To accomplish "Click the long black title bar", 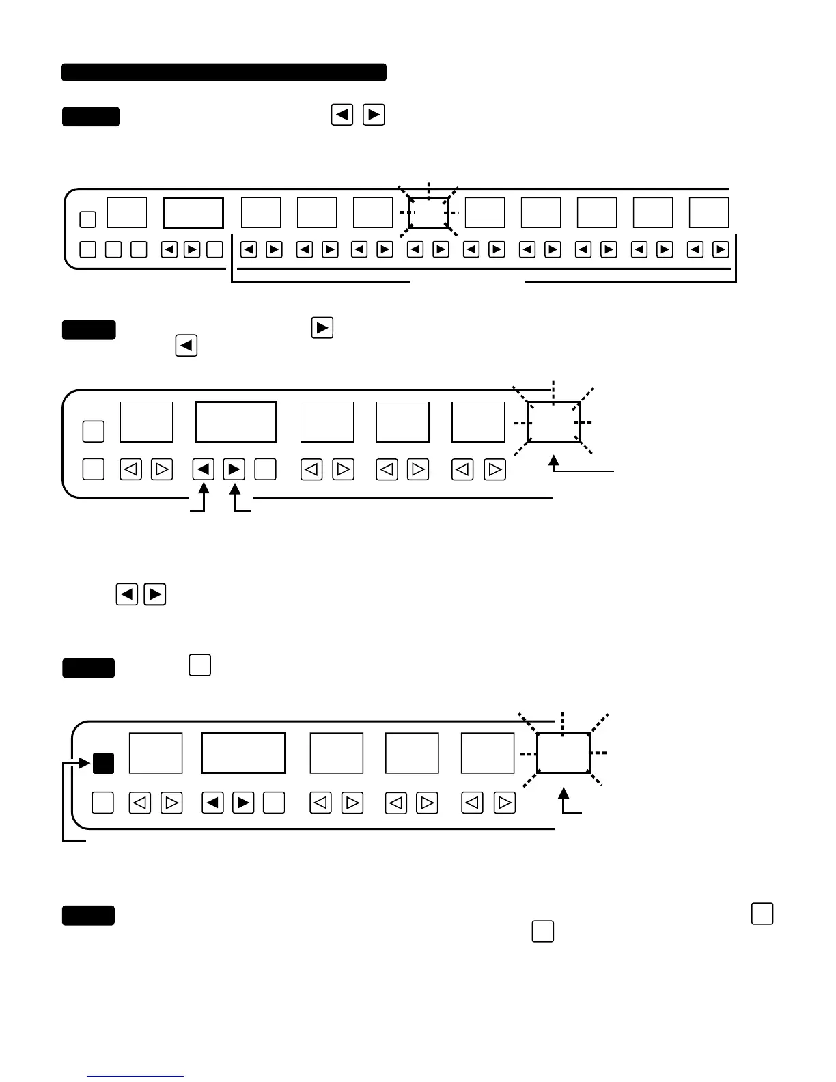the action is [x=224, y=72].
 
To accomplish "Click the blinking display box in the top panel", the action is [x=429, y=212].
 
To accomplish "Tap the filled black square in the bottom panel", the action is [x=103, y=763].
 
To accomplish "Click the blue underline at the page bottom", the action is [x=135, y=1076].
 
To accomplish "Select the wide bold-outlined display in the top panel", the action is [x=193, y=213].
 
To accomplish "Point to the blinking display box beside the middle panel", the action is [x=554, y=422].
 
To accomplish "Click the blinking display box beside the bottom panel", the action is [x=563, y=753].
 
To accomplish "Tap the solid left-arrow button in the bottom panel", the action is [x=213, y=803].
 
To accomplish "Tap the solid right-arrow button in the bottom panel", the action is [x=243, y=803].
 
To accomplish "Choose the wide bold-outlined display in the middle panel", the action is [x=236, y=422].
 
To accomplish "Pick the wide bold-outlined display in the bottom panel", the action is [x=243, y=753].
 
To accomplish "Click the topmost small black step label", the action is [x=91, y=117].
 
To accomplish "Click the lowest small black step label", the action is [x=89, y=915].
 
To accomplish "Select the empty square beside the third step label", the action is [x=199, y=665].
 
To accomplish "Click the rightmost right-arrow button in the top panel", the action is [x=721, y=250].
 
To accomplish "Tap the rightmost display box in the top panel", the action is [x=709, y=212].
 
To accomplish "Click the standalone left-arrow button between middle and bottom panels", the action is [x=127, y=594].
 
